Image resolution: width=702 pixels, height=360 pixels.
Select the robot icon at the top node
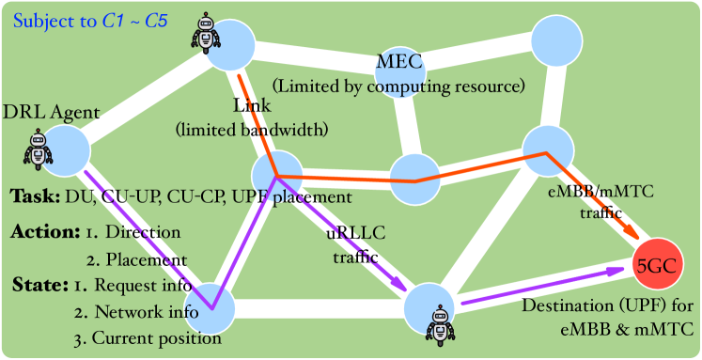[206, 33]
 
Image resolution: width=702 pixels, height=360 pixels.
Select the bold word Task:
[36, 197]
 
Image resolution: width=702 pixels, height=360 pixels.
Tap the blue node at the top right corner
[558, 40]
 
